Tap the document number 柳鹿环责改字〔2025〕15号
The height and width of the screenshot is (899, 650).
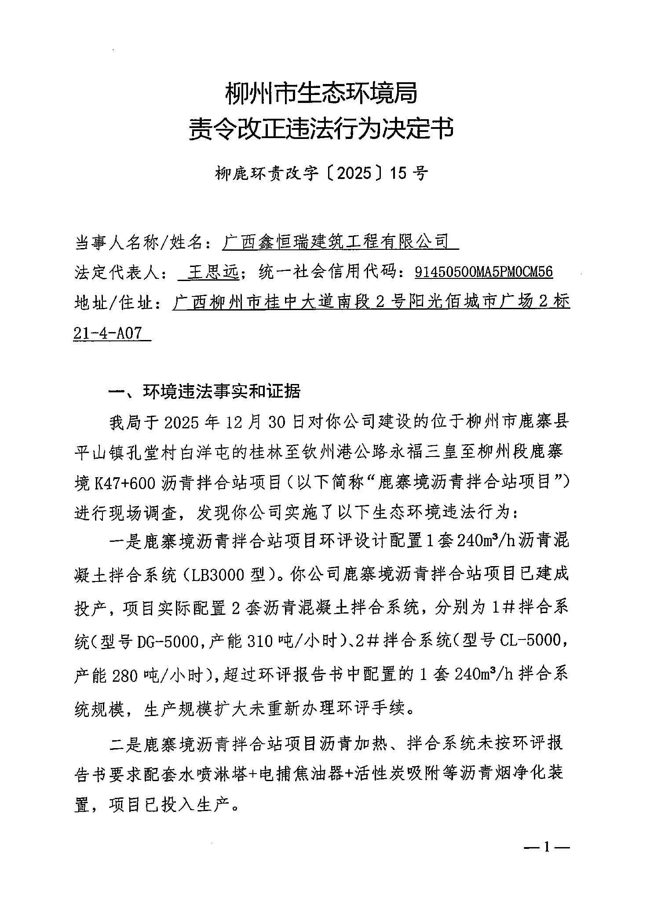(x=321, y=174)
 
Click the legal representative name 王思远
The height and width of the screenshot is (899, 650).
(x=213, y=273)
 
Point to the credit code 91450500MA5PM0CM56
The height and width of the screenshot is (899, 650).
(x=483, y=273)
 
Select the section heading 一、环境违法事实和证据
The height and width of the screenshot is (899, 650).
(x=204, y=391)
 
